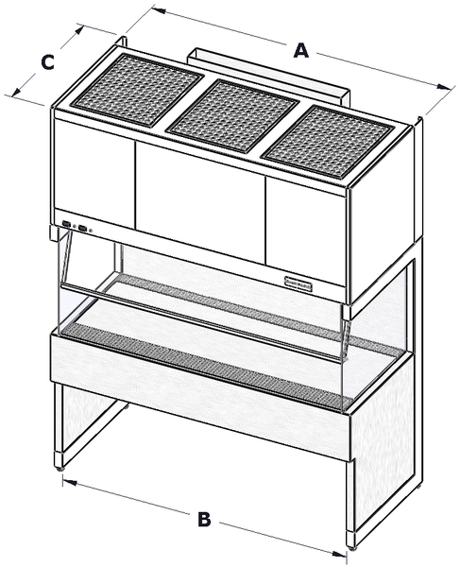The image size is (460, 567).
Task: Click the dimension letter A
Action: pos(300,50)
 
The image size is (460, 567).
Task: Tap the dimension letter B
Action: pos(203,518)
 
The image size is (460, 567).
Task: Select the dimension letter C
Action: pos(46,62)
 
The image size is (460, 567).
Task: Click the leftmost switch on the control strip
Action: pos(67,224)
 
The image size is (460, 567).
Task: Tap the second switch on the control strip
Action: pos(83,227)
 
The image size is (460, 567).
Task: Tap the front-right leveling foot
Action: pos(355,544)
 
